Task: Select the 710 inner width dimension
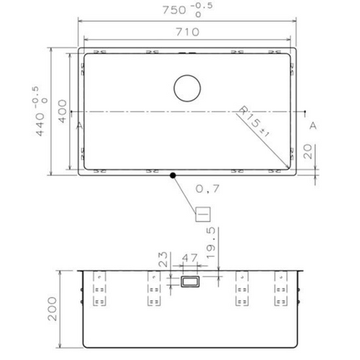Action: click(x=189, y=32)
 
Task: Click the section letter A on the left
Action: click(x=78, y=125)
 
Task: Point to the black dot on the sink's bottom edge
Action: click(x=173, y=174)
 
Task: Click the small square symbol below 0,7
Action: click(x=202, y=213)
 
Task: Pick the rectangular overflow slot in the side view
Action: click(x=192, y=283)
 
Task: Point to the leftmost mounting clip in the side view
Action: click(x=99, y=288)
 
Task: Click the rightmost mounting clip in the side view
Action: click(x=281, y=288)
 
